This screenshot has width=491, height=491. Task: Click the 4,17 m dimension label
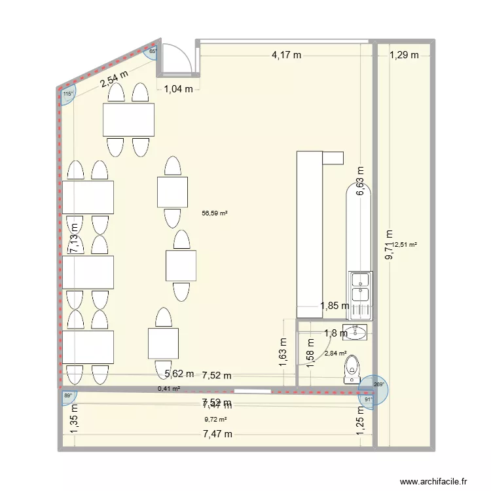[286, 56]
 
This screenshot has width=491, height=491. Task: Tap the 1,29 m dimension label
[403, 56]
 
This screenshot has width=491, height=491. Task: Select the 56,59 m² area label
[215, 213]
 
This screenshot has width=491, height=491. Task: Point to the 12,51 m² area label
[405, 245]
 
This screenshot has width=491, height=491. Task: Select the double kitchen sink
[361, 287]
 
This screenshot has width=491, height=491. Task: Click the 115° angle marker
[67, 94]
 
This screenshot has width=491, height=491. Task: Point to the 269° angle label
[378, 386]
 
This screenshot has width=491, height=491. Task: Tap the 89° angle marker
[68, 395]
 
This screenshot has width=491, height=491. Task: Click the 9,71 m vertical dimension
[390, 245]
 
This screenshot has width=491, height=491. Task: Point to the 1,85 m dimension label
[334, 305]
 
